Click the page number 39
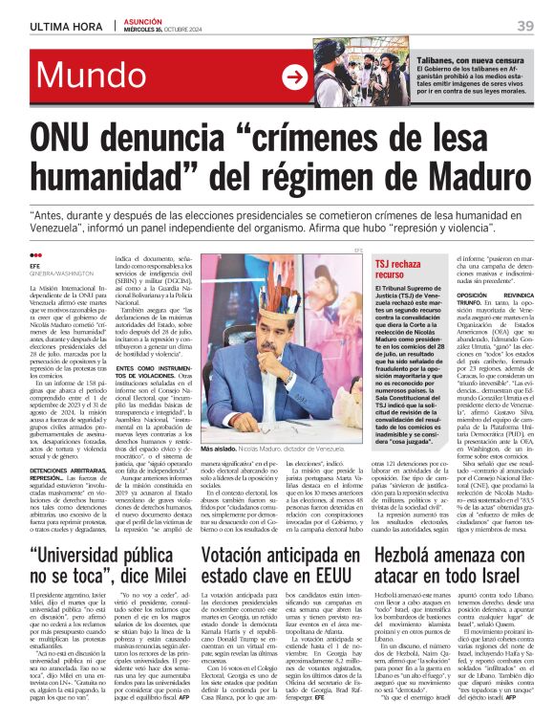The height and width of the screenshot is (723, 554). [524, 25]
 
